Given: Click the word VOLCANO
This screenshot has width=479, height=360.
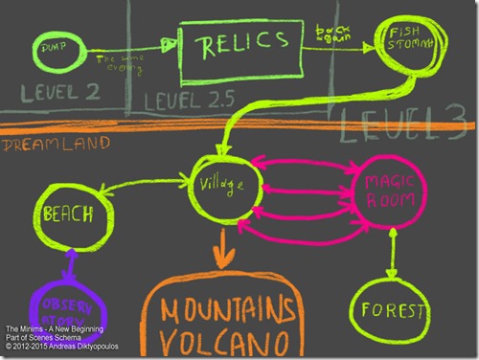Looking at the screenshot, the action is coord(227,344).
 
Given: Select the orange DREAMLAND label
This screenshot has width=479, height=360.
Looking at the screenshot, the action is coord(41,145).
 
